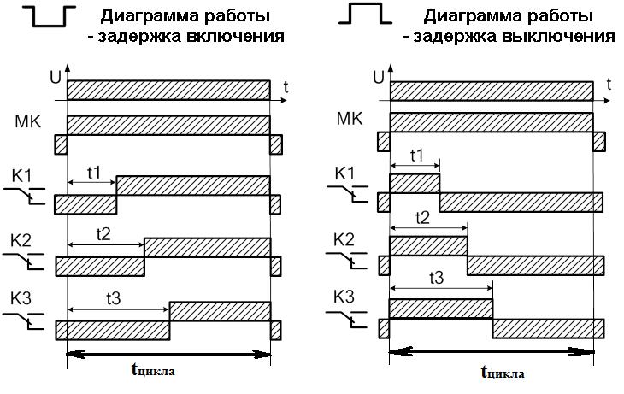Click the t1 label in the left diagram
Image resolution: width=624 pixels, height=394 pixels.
click(93, 173)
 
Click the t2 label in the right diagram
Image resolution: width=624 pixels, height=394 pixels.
click(422, 218)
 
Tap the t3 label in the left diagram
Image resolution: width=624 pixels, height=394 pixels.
click(114, 298)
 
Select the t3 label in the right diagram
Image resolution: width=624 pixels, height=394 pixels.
click(436, 278)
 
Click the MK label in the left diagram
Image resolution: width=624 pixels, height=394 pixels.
click(28, 121)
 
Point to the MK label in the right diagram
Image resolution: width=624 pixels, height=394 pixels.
click(350, 119)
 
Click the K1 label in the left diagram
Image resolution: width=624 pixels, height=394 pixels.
click(21, 175)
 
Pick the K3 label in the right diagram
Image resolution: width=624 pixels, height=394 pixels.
click(344, 297)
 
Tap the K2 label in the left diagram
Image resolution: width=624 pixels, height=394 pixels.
click(21, 241)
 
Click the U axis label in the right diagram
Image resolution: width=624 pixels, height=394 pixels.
click(378, 78)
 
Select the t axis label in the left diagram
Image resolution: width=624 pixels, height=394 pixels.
click(286, 87)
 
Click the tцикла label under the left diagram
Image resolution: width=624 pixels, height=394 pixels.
click(153, 370)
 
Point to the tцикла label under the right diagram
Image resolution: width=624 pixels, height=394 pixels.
click(503, 373)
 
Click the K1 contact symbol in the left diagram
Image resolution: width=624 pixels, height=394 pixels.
click(25, 195)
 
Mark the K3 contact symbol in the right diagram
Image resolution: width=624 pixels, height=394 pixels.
click(346, 319)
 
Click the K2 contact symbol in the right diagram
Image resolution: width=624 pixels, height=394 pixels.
click(346, 261)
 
